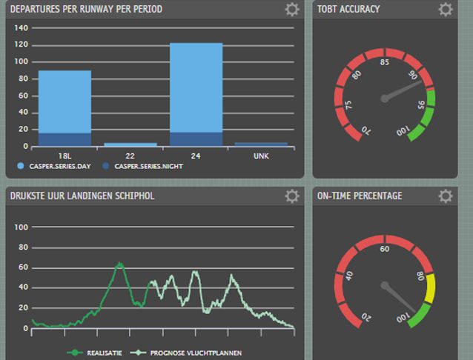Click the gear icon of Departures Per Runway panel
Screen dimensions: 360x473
(292, 10)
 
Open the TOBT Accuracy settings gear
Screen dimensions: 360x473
(445, 10)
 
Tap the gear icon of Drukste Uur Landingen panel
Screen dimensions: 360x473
(292, 196)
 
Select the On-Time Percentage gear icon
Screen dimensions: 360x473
(445, 196)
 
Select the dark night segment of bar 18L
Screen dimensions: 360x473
(64, 139)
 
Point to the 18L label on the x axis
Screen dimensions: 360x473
(64, 156)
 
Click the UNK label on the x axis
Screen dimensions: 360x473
(261, 156)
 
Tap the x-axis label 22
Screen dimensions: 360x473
(130, 156)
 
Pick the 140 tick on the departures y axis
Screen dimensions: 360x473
(21, 28)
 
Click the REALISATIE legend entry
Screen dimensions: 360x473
(97, 353)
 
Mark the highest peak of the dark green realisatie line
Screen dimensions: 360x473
(119, 263)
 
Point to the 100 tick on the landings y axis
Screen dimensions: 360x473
(21, 227)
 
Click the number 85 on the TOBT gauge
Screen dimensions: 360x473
(384, 63)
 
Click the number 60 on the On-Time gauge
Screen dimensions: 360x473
(384, 250)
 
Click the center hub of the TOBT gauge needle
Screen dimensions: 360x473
(384, 99)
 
